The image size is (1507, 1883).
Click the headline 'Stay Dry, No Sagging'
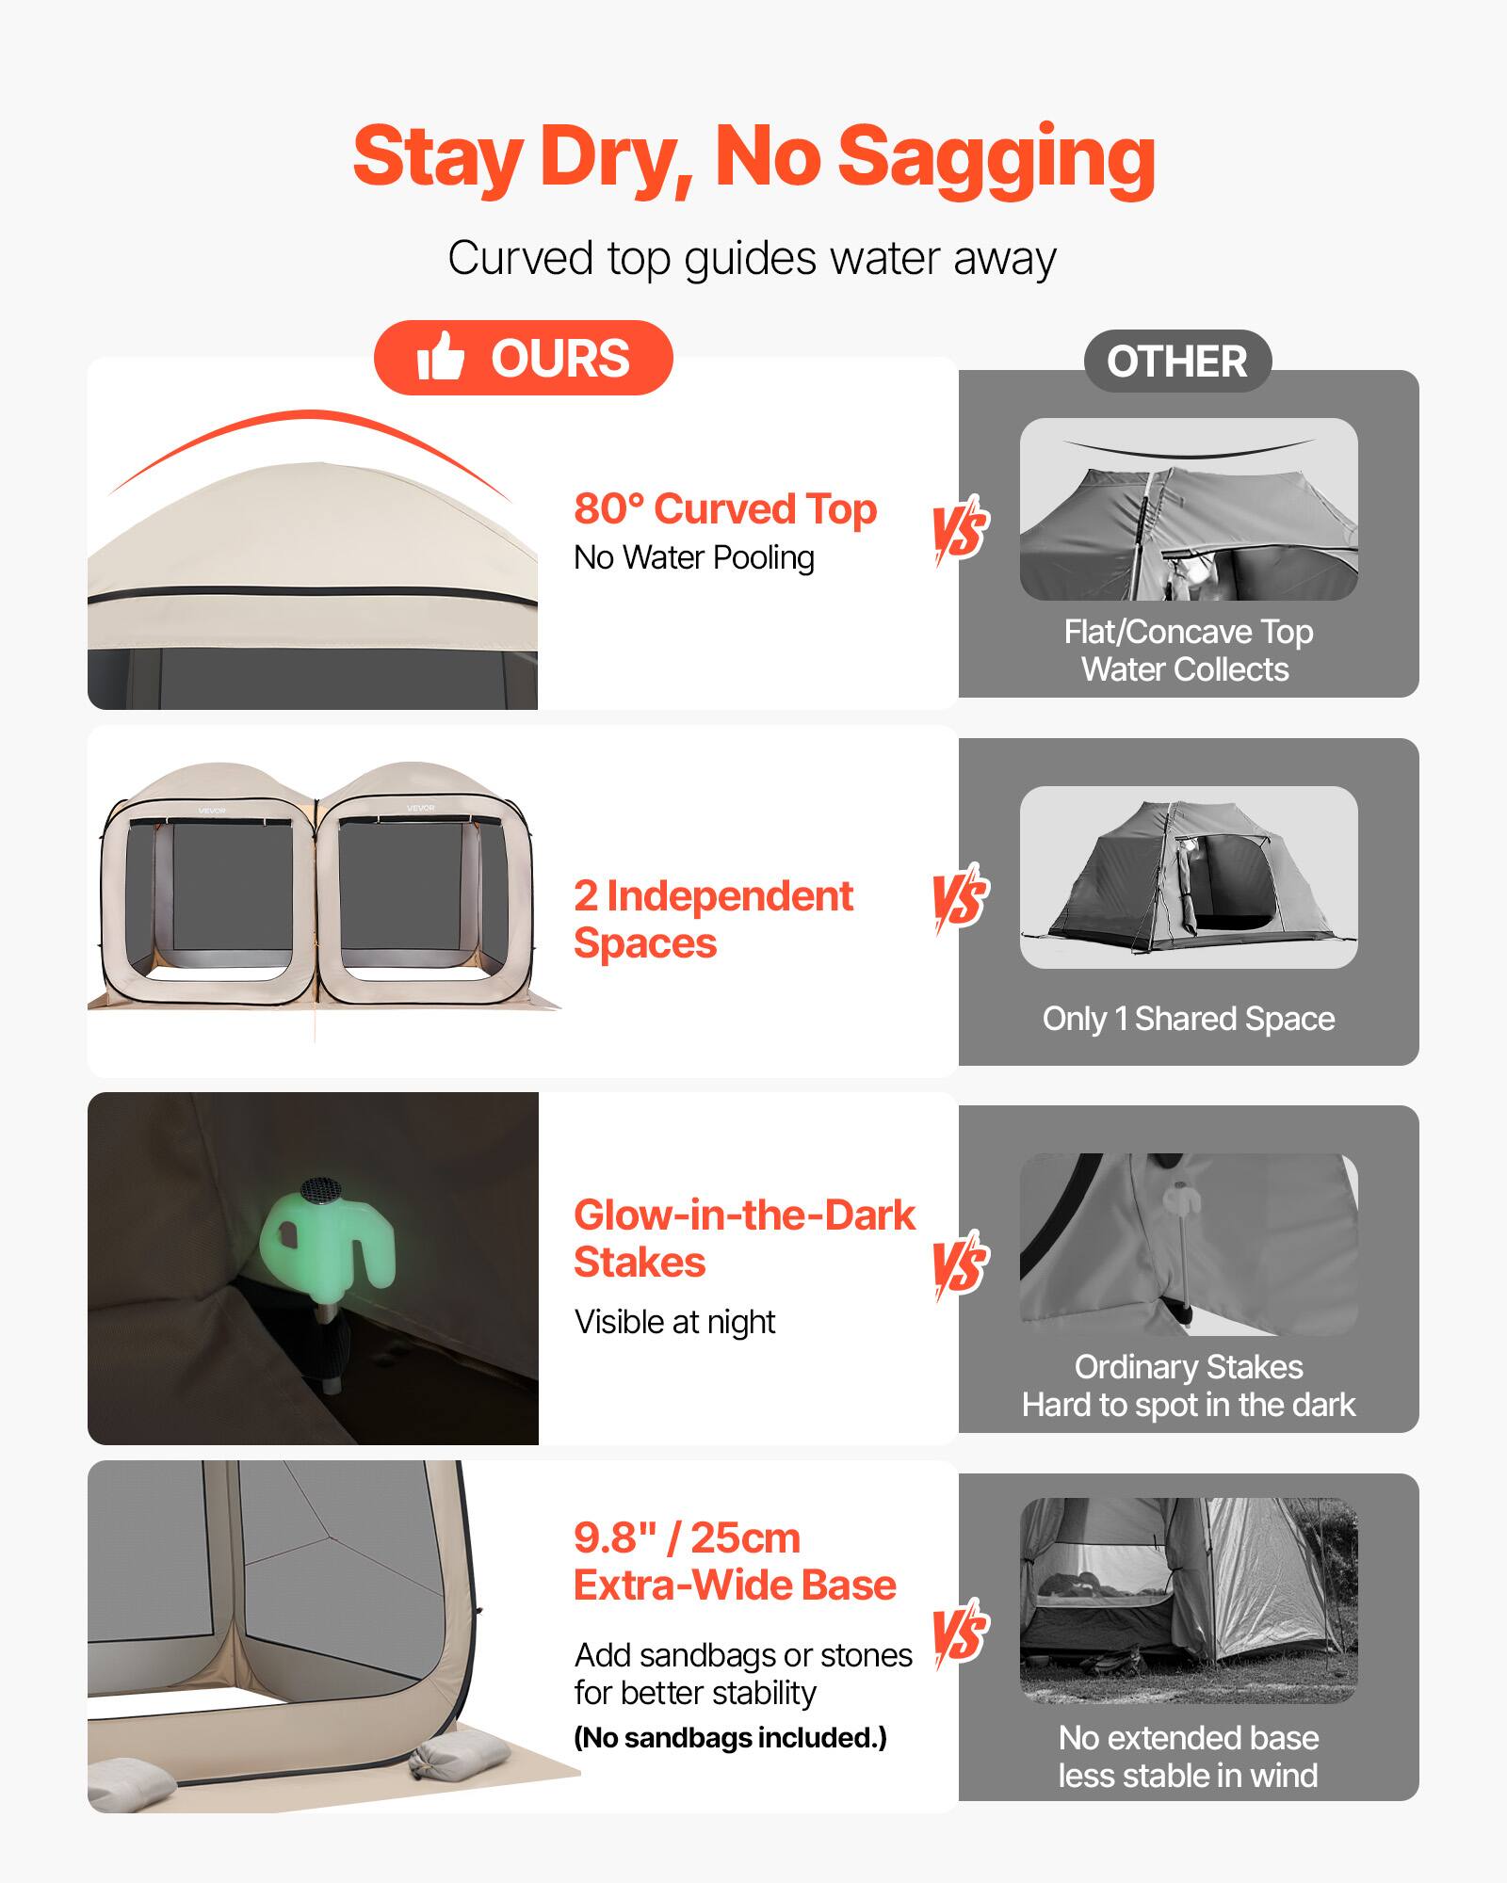(x=753, y=157)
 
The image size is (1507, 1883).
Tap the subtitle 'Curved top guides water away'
(x=752, y=258)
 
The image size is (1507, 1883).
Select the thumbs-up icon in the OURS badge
(x=441, y=357)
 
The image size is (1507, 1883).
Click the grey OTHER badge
(x=1177, y=362)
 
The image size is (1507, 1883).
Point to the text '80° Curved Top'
(x=725, y=508)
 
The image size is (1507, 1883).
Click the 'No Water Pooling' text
(x=694, y=557)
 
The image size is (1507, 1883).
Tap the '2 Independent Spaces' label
(x=713, y=919)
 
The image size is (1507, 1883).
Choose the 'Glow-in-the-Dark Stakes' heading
(x=744, y=1238)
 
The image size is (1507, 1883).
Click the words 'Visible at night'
(x=674, y=1322)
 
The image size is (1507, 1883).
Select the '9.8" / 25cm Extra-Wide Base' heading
(x=735, y=1562)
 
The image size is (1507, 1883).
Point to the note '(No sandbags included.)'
(x=730, y=1738)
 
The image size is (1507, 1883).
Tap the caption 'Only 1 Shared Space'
(x=1189, y=1019)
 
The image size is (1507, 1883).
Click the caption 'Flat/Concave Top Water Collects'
(x=1188, y=651)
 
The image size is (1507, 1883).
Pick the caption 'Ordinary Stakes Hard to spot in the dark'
(x=1189, y=1386)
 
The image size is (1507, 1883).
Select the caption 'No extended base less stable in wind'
(x=1189, y=1757)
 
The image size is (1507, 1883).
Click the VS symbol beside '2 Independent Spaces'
(x=960, y=898)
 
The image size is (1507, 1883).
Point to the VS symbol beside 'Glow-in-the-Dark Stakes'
(x=960, y=1265)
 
